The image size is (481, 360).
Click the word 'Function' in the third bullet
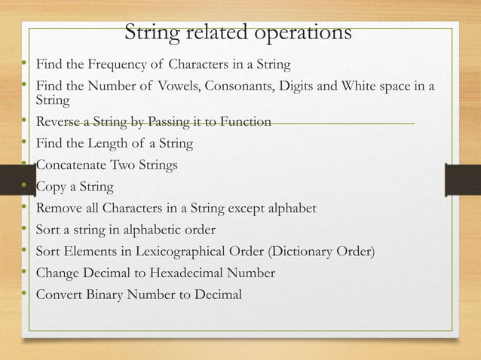click(x=244, y=121)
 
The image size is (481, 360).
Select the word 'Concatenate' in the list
click(x=72, y=165)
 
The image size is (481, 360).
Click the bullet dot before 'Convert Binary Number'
click(x=24, y=293)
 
